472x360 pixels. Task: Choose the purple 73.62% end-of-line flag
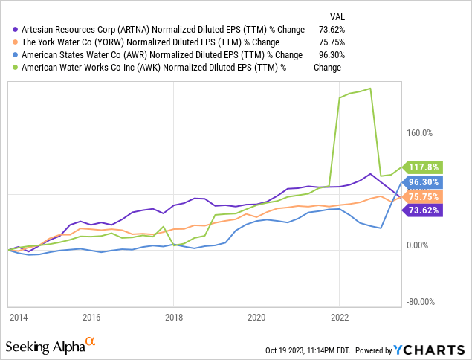424,210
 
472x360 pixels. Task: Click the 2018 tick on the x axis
173,316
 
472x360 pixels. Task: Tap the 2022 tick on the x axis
338,316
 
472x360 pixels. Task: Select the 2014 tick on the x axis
19,316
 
